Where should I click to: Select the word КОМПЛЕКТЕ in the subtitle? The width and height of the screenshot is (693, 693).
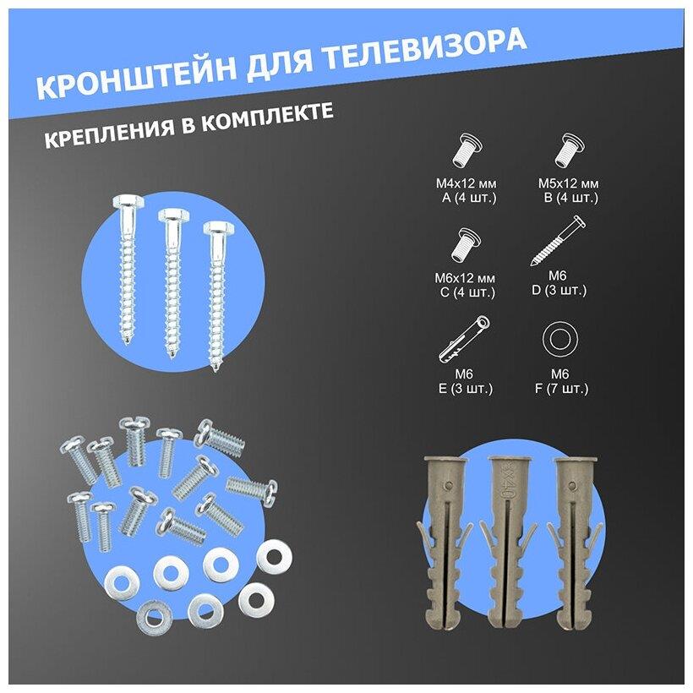click(x=267, y=118)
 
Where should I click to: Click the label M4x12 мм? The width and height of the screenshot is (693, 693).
click(x=467, y=183)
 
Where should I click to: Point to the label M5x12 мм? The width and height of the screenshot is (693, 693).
click(x=569, y=183)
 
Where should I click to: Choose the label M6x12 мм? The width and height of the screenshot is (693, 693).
click(x=465, y=278)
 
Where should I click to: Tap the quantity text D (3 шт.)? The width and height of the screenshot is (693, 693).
click(x=559, y=291)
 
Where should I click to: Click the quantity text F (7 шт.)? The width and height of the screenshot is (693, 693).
click(x=562, y=389)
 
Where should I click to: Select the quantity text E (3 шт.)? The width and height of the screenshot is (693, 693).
click(x=466, y=389)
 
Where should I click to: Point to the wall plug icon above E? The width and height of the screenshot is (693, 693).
click(x=464, y=339)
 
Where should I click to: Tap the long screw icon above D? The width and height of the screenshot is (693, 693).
click(x=558, y=241)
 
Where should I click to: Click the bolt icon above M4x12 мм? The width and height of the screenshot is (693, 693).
click(x=467, y=150)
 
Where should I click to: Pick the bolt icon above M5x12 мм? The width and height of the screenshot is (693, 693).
click(x=569, y=150)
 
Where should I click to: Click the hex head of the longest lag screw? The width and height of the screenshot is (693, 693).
click(x=128, y=204)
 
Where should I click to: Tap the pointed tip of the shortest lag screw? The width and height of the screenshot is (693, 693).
click(x=216, y=368)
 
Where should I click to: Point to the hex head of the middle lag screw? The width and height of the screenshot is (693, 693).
click(x=174, y=216)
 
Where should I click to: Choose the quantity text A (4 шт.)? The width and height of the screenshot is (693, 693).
click(x=469, y=198)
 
